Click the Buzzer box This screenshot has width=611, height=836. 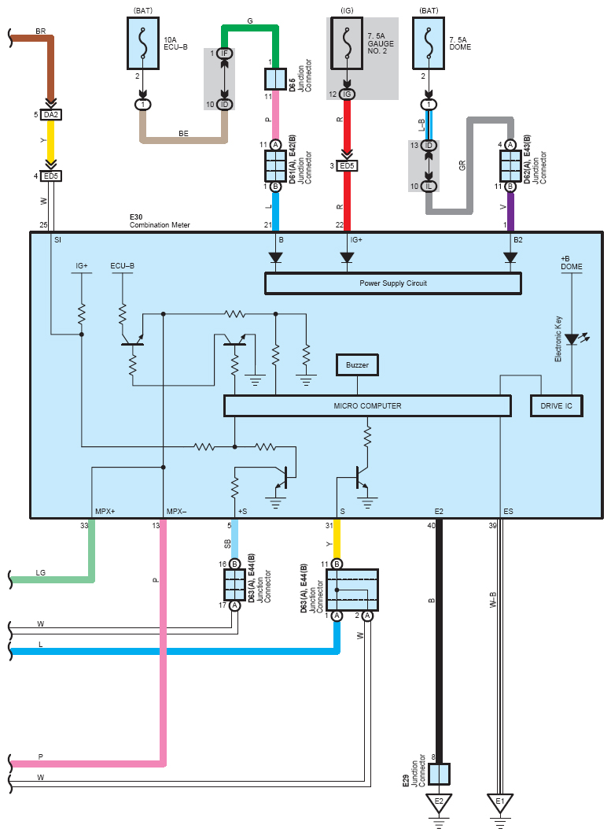[x=357, y=365]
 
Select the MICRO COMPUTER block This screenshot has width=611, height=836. [x=367, y=405]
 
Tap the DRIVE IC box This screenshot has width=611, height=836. [x=556, y=405]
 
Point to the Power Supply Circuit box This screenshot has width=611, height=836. [x=393, y=283]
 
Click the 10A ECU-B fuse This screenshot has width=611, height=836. [x=143, y=43]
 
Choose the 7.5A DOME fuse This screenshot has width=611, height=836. [x=429, y=43]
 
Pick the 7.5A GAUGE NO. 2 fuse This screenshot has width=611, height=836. [x=347, y=43]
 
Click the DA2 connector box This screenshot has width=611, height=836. [x=50, y=115]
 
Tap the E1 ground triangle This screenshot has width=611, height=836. [x=499, y=802]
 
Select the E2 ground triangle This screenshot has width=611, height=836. [x=439, y=802]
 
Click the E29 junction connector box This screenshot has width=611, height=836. [x=439, y=774]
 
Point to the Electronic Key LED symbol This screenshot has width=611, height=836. [x=572, y=339]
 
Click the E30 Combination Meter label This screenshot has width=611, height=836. [x=160, y=221]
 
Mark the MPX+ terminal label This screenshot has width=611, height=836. [x=105, y=512]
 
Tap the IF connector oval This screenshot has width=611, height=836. [x=224, y=54]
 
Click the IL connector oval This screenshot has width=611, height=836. [x=429, y=186]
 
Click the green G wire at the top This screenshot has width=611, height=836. [x=250, y=28]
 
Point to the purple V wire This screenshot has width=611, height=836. [x=510, y=212]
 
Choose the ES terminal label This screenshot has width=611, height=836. [x=508, y=512]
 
